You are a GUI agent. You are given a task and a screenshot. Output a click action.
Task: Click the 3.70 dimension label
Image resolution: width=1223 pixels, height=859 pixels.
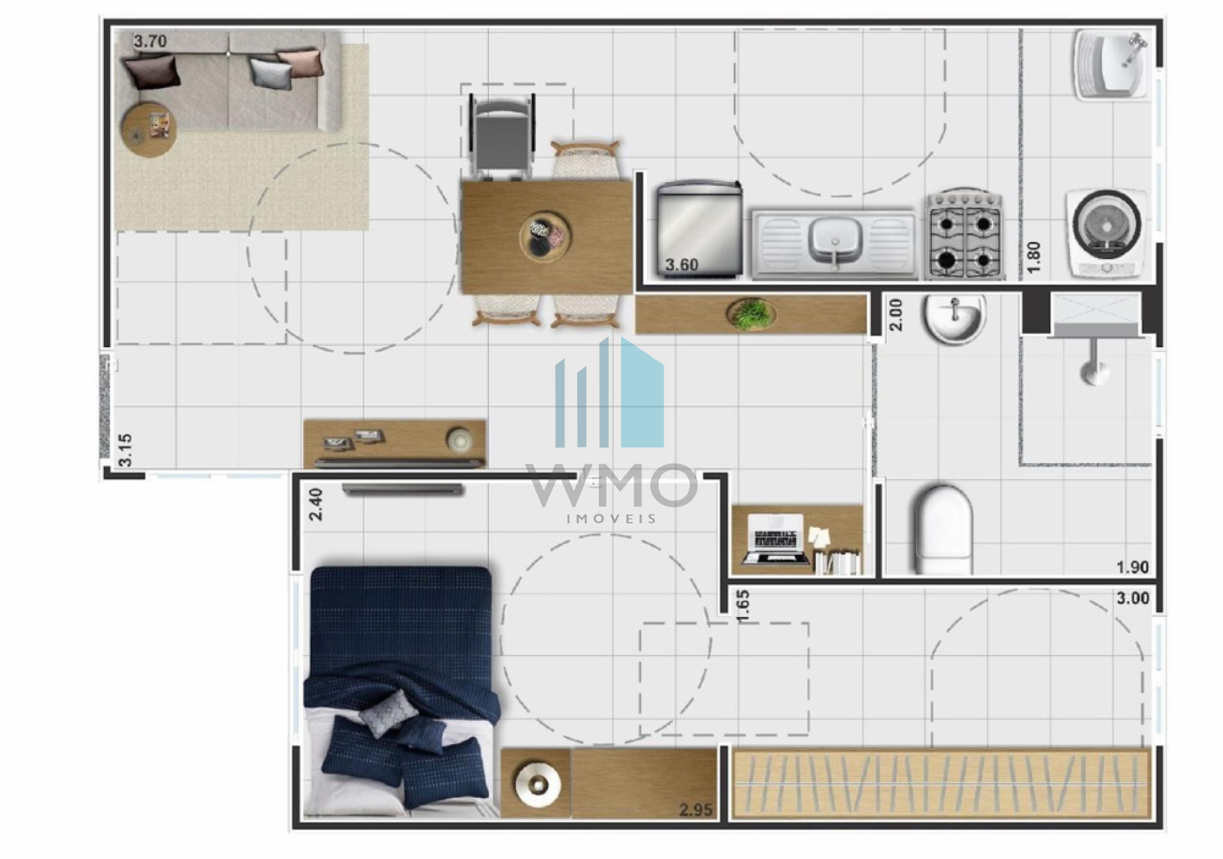click(150, 41)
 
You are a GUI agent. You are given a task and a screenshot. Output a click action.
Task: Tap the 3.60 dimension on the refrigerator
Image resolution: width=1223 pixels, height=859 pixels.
click(682, 265)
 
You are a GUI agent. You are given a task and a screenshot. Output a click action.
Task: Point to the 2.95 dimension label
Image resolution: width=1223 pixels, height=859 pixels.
click(696, 810)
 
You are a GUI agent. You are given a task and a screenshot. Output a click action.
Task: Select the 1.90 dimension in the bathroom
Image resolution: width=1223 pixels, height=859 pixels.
click(1133, 567)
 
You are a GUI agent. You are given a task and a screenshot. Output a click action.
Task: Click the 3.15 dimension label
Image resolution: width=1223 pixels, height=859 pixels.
click(125, 450)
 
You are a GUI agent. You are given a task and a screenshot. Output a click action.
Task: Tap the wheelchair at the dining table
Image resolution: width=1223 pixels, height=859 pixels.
click(502, 135)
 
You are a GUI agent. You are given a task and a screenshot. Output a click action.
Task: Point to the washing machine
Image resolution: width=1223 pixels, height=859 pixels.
click(1107, 233)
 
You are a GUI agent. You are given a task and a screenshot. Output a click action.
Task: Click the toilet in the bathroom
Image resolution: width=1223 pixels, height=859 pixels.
click(943, 530)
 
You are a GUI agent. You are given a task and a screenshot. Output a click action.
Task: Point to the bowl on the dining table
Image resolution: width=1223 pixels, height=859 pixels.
click(545, 236)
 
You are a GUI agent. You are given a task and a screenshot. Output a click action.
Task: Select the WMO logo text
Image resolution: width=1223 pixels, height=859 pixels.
click(611, 485)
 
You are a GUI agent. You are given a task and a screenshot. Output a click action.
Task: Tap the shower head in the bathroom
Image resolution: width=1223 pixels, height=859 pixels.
click(1094, 371)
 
